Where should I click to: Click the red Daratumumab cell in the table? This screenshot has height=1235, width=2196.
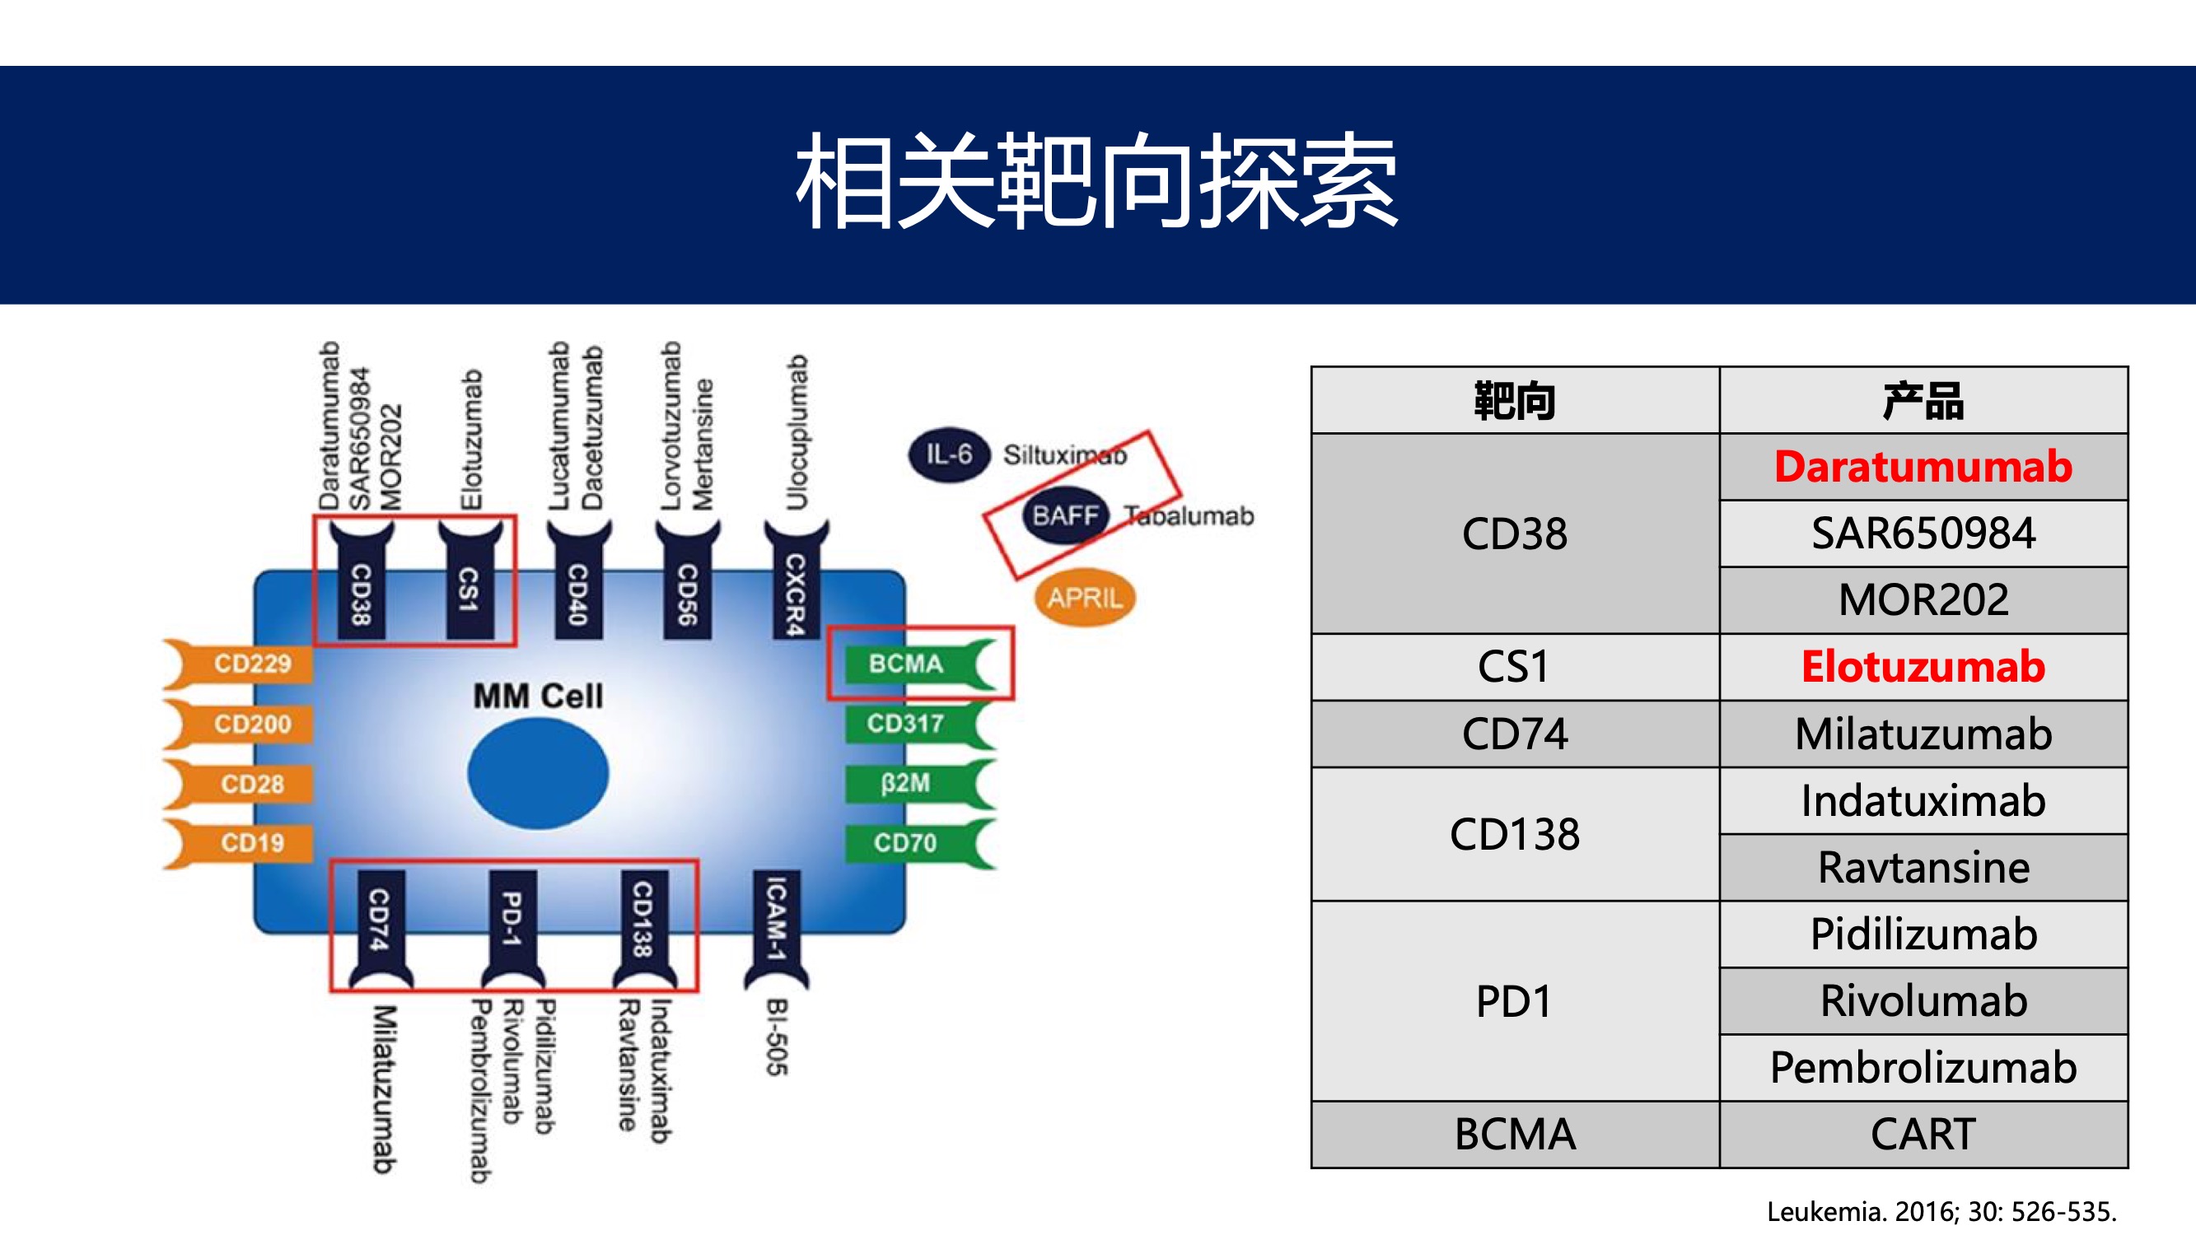[1923, 466]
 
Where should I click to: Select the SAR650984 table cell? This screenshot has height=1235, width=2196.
[1923, 534]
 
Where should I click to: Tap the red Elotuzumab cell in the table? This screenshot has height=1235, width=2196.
[1923, 667]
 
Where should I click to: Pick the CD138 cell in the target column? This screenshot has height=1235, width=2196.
[1515, 833]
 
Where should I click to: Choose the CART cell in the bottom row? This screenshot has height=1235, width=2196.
[1923, 1135]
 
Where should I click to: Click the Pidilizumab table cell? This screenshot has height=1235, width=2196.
[1923, 934]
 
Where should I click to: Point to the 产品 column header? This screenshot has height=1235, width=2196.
[1923, 401]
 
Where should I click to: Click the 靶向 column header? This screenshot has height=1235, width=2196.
[1515, 401]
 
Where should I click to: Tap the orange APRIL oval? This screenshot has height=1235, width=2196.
[1084, 598]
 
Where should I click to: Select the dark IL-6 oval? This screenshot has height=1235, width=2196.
[949, 454]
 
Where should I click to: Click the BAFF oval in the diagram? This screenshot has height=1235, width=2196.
[1065, 515]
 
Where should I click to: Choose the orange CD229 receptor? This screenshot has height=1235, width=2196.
[239, 664]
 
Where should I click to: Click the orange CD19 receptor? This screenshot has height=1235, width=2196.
[239, 843]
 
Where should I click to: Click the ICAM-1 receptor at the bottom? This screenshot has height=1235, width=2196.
[776, 930]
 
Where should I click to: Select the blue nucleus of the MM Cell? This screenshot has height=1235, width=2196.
[538, 773]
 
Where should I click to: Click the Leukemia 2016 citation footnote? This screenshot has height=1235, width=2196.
[1941, 1211]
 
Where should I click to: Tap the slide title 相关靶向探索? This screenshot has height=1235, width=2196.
[1096, 181]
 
